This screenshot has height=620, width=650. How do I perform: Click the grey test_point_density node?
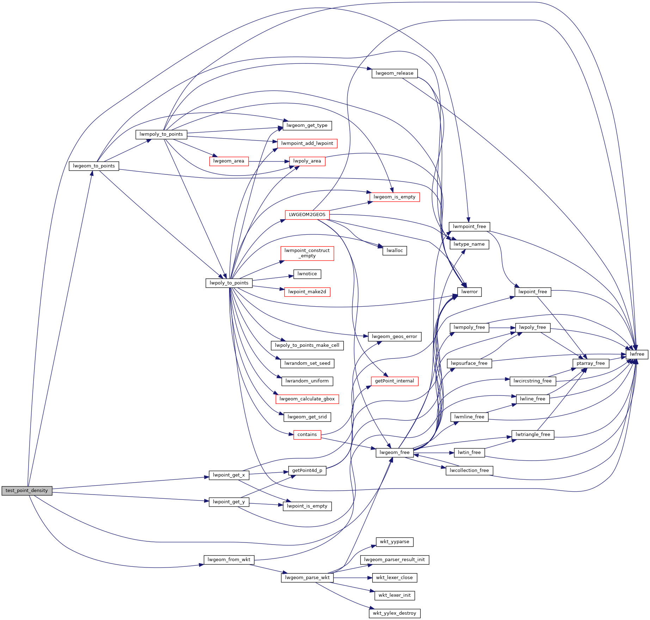click(x=27, y=491)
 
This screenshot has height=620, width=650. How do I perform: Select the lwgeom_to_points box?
click(x=94, y=166)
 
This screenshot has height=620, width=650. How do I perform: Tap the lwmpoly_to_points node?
click(x=161, y=134)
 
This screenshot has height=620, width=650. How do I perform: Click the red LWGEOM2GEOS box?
click(x=307, y=215)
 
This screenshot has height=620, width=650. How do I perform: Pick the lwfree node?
click(x=637, y=354)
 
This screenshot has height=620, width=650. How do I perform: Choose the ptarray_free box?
click(x=590, y=363)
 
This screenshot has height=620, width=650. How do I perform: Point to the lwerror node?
click(x=469, y=292)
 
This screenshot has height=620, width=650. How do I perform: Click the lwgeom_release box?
click(x=394, y=73)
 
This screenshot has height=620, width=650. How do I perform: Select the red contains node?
click(x=307, y=435)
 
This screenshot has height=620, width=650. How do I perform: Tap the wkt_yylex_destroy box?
click(x=394, y=613)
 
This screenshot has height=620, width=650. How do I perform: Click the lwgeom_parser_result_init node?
click(x=394, y=560)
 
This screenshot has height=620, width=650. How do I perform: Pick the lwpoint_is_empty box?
click(x=307, y=506)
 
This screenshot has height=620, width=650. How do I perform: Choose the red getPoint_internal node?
click(x=394, y=381)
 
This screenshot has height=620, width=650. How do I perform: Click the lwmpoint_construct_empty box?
click(x=307, y=253)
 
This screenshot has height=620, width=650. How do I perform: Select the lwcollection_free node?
click(x=469, y=471)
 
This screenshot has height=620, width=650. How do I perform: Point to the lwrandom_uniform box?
click(x=307, y=381)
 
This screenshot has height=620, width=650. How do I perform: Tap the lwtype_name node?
click(x=469, y=244)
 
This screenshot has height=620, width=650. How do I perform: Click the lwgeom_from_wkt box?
click(x=229, y=560)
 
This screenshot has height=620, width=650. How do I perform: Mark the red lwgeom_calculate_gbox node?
click(x=307, y=399)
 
